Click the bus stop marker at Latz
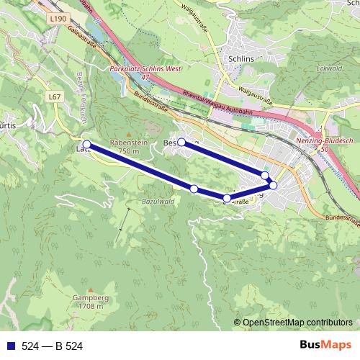point(87,145)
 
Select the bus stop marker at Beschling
point(181,143)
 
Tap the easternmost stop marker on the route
point(273,185)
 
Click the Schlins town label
point(239,60)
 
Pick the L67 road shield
point(55,96)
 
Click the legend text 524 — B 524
point(53,346)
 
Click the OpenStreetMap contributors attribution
point(297,323)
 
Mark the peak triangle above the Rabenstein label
point(128,134)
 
